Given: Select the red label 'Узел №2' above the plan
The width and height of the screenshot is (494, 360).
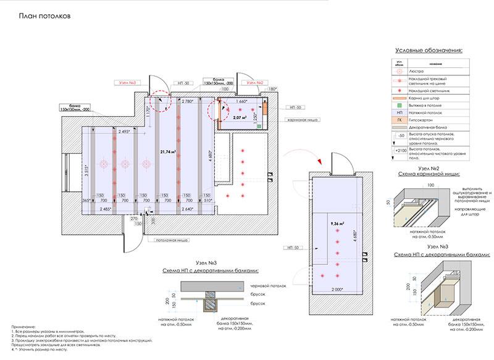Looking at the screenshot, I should [x=255, y=82].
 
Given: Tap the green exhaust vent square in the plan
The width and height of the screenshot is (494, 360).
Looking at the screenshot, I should [x=259, y=126].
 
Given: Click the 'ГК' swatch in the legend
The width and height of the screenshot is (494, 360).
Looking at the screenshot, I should [x=401, y=119].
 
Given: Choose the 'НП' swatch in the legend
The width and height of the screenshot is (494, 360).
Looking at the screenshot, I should [x=401, y=111].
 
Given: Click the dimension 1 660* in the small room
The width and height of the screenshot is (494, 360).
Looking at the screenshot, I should [x=241, y=101].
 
